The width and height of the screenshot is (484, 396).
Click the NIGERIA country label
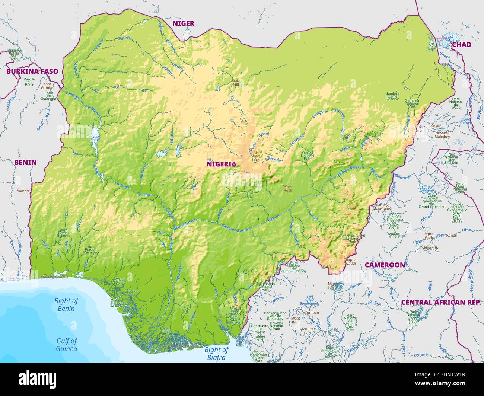tap(221, 164)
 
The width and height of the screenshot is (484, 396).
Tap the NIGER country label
tap(183, 23)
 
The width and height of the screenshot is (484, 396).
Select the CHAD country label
tap(461, 45)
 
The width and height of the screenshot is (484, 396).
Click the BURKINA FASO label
tap(32, 71)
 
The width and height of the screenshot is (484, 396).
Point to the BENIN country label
tap(25, 162)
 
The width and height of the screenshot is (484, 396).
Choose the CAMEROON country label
tap(385, 265)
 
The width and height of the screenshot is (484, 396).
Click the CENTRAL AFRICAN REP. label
tap(441, 302)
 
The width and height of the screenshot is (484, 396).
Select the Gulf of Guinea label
tap(67, 345)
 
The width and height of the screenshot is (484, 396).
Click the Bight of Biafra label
tap(216, 353)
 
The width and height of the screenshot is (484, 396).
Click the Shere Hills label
tap(255, 158)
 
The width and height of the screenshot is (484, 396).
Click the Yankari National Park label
tap(308, 156)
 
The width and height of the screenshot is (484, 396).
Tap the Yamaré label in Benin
tap(23, 191)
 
